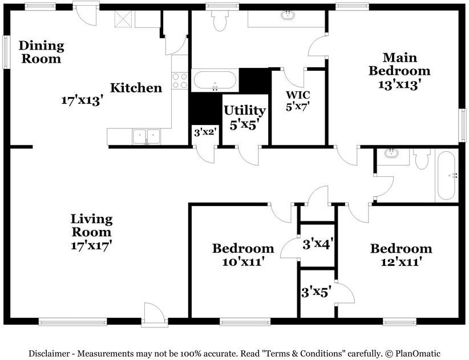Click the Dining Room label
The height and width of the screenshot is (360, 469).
pos(42,52)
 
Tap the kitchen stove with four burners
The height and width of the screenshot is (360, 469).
pos(180,81)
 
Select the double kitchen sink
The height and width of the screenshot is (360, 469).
pos(146,137)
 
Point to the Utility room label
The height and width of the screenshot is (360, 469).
pos(245,111)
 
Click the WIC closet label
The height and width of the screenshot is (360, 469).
pos(298,95)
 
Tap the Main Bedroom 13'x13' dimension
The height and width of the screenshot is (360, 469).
pos(399,84)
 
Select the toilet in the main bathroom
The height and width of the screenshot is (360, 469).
pos(220,21)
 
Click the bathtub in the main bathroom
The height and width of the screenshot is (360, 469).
pos(215,80)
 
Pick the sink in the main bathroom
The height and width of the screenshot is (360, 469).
pos(288,15)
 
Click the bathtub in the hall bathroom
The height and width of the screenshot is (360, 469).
pos(447,176)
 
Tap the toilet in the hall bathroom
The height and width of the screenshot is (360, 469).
pos(422,159)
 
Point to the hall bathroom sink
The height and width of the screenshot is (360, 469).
pos(391,153)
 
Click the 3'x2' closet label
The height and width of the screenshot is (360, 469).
pos(205,132)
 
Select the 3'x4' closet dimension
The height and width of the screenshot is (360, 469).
pos(317,245)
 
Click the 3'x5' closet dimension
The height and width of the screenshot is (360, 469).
pos(316,292)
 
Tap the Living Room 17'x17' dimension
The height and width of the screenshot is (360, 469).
pos(91,245)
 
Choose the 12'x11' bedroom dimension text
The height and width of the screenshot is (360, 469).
pos(401,262)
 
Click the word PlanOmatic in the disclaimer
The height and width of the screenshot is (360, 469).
pos(418,353)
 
